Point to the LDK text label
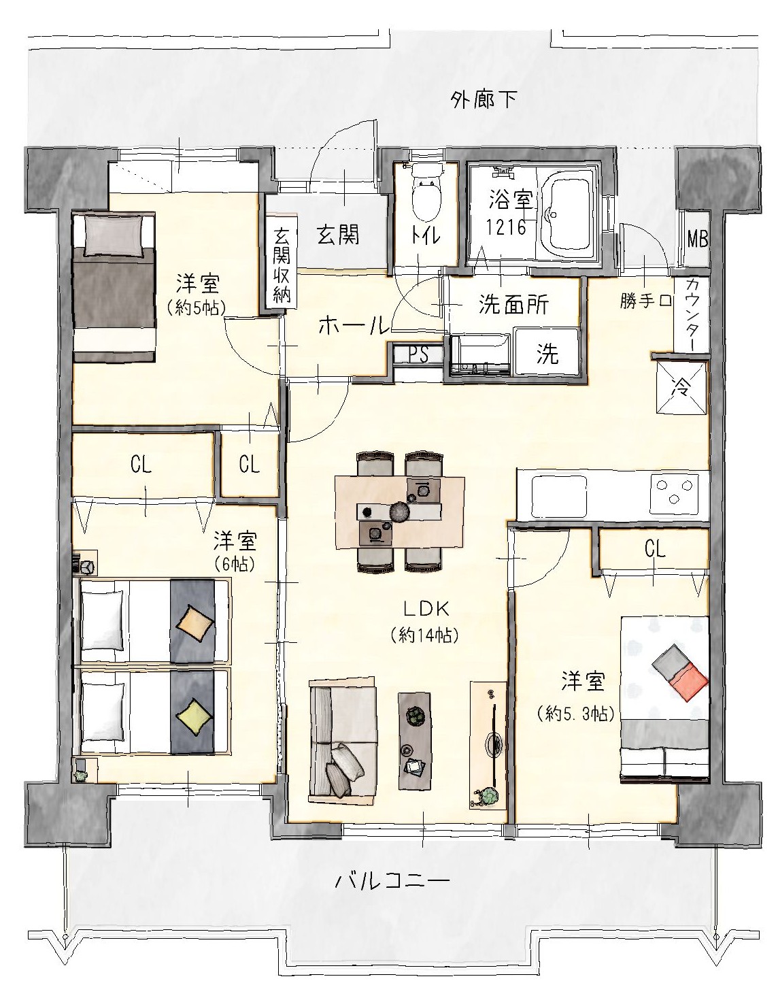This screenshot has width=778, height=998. point(425,610)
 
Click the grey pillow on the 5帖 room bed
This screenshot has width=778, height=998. point(114,235)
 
